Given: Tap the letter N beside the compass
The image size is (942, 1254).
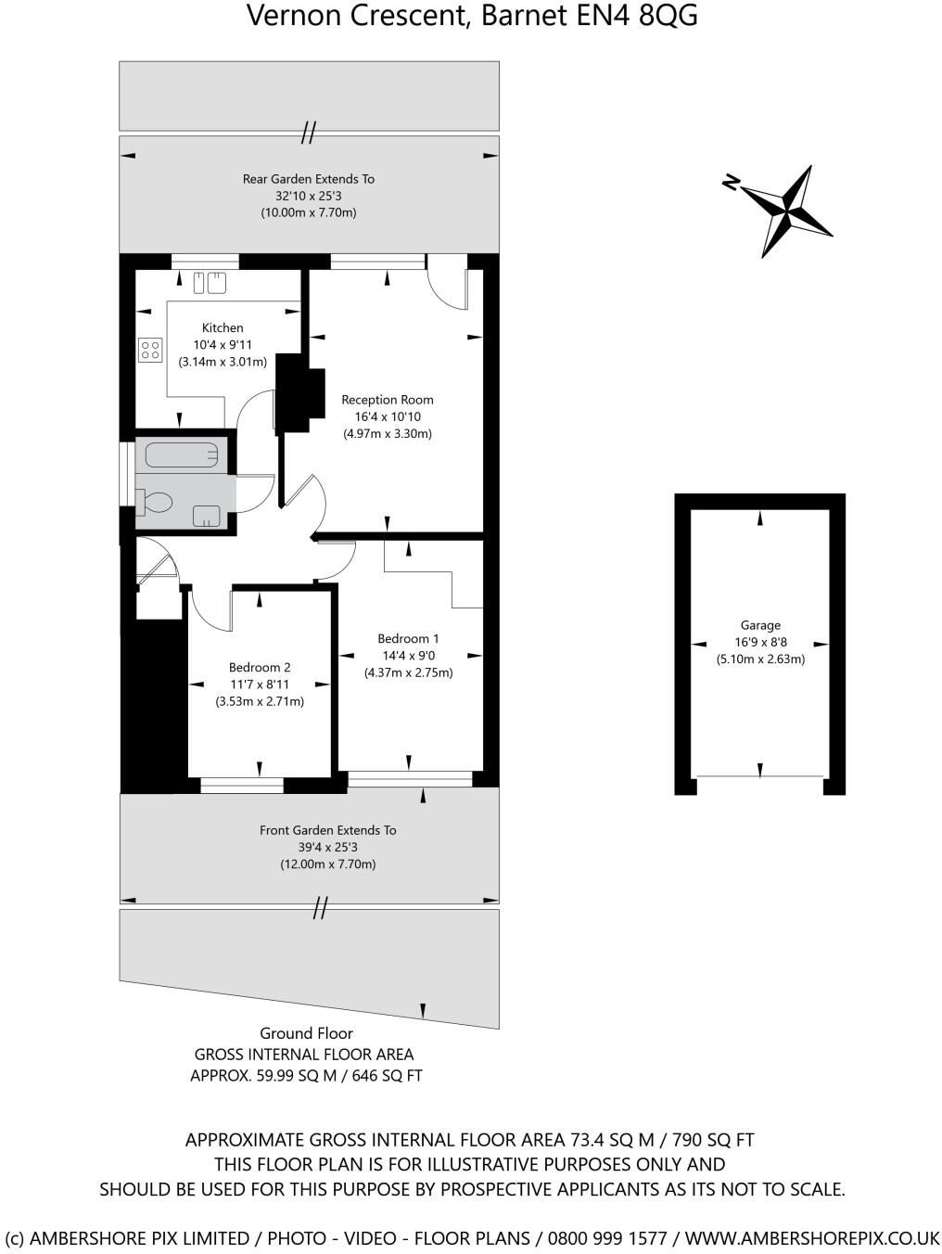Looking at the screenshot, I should [x=731, y=183].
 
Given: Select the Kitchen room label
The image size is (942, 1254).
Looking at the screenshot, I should [x=223, y=327].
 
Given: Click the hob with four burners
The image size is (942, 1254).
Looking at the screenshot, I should [x=149, y=350].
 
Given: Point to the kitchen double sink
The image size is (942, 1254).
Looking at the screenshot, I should [x=210, y=281].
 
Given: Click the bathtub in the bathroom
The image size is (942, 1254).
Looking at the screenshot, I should [x=182, y=454].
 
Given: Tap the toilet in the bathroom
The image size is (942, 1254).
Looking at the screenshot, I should [x=154, y=503].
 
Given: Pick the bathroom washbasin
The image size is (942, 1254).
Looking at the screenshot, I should [x=206, y=515].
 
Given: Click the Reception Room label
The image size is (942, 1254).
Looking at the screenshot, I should [x=388, y=400].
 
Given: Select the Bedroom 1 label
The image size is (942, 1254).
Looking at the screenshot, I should [x=408, y=638].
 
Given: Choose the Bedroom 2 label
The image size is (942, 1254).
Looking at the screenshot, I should [x=260, y=667].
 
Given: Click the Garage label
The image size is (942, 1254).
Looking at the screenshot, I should [x=760, y=625].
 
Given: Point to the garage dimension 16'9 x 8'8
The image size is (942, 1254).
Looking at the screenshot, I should [x=760, y=642].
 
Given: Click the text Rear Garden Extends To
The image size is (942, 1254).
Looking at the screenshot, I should [x=309, y=179].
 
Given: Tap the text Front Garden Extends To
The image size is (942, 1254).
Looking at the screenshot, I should [x=327, y=830].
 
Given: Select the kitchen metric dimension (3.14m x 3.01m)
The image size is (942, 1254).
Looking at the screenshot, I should [x=223, y=362].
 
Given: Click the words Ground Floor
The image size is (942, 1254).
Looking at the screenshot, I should [x=306, y=1033].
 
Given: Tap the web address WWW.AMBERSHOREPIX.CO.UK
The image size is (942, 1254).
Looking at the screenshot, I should [x=812, y=1238].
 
